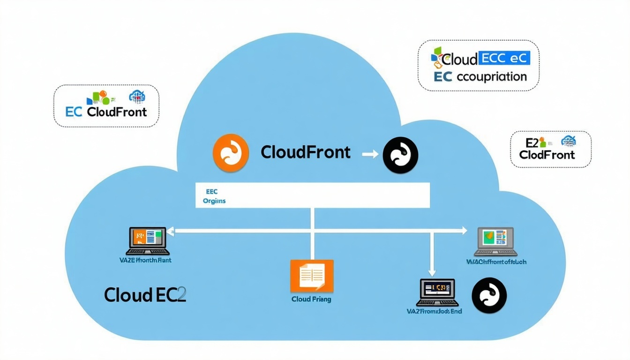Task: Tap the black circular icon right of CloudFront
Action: coord(400,155)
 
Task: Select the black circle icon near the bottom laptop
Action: coord(489,295)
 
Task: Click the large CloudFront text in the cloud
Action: coord(306,152)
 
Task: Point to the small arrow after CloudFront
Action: coord(370,153)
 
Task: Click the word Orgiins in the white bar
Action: coord(215,201)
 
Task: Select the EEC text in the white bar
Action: coord(212,192)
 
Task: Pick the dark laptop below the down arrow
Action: coord(437,292)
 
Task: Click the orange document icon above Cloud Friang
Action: coord(312,276)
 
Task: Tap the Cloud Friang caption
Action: coord(311,299)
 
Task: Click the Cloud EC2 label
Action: coord(145,295)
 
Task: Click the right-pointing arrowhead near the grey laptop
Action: coord(464,231)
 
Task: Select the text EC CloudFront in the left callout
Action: coord(106,112)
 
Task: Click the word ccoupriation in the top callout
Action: coord(491,77)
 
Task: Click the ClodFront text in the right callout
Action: coord(547,155)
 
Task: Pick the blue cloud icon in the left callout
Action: coord(137,96)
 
